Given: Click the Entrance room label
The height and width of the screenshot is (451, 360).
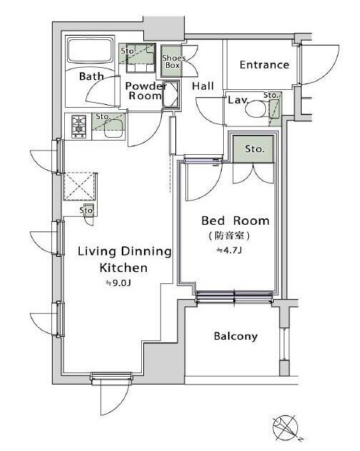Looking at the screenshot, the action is tap(264, 65).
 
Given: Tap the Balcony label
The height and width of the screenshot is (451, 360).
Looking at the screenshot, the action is tap(235, 336).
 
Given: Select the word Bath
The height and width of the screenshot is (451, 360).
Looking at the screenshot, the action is tap(91, 76).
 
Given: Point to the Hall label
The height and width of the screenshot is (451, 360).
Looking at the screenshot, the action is tap(203, 86).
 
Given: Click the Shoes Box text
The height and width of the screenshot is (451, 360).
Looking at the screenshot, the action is tap(173, 61).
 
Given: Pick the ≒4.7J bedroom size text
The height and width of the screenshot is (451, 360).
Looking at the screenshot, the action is tap(229, 250).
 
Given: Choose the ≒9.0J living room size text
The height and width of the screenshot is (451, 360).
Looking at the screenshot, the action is tap(118, 283).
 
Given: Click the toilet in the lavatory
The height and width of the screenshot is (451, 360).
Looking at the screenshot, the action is tap(255, 108).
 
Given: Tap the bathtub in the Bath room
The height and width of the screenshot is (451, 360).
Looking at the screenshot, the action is tap(90, 51).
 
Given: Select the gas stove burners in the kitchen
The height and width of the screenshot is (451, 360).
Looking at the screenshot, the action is tap(78, 126).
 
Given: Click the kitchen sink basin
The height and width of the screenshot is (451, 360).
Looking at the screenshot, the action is tap(113, 129).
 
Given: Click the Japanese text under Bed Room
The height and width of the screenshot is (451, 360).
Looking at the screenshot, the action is tap(229, 236).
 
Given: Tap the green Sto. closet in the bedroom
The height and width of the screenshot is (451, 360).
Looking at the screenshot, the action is tap(253, 149).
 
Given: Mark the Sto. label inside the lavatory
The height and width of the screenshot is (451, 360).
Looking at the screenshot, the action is tap(271, 95).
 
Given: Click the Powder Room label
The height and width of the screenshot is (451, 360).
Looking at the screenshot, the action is tap(145, 91).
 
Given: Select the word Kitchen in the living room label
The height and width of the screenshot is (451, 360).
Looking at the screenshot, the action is tap(123, 268).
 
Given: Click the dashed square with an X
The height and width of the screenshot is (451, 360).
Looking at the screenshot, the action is tap(79, 186).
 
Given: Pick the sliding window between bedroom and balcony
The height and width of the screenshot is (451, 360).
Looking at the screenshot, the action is tap(234, 297).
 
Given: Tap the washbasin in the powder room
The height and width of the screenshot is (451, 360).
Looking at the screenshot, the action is tap(171, 94).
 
